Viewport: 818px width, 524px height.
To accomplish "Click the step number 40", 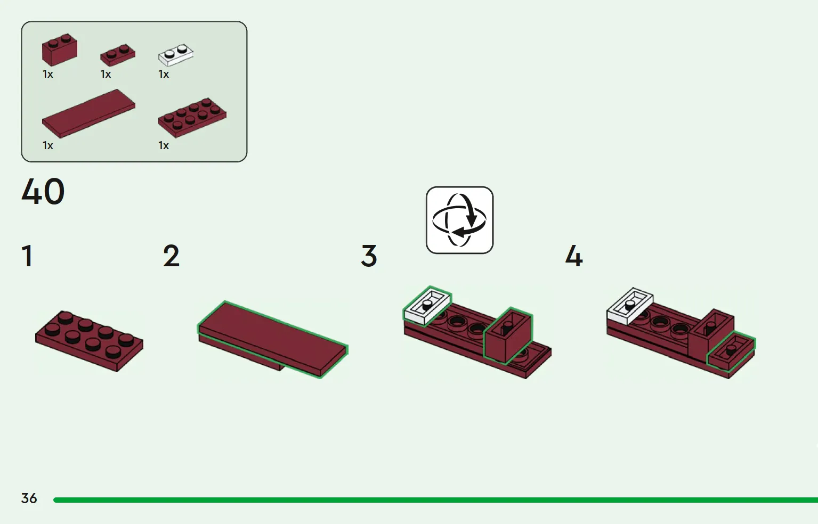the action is coord(43,192).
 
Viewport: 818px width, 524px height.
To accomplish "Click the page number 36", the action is coord(29,498).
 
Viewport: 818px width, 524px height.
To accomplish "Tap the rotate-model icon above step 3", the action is coord(459,220).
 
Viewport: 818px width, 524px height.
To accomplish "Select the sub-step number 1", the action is coord(27,256).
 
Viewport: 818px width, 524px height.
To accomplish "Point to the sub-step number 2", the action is coord(171,256).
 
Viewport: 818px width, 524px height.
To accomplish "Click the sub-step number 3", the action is coord(369,256).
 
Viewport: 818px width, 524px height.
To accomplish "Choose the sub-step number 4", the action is coord(574,256).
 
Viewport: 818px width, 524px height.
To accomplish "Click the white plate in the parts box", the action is coord(176,55).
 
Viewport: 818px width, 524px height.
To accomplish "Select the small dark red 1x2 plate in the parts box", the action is coord(118,55).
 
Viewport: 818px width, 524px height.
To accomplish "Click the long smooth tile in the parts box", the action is coord(89,113).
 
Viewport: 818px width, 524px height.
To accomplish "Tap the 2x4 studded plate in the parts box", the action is coord(192,118).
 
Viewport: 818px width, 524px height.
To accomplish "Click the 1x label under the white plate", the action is coord(164,75).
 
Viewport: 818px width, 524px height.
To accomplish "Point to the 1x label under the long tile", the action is coord(48,145).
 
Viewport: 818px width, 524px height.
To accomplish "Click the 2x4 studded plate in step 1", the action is coord(89,341).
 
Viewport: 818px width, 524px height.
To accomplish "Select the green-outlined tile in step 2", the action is coord(272,339).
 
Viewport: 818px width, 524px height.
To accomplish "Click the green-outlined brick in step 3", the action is coord(508,335).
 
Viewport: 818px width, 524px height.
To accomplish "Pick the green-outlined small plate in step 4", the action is coord(731,352).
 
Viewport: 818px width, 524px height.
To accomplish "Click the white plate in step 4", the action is coord(630,306).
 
